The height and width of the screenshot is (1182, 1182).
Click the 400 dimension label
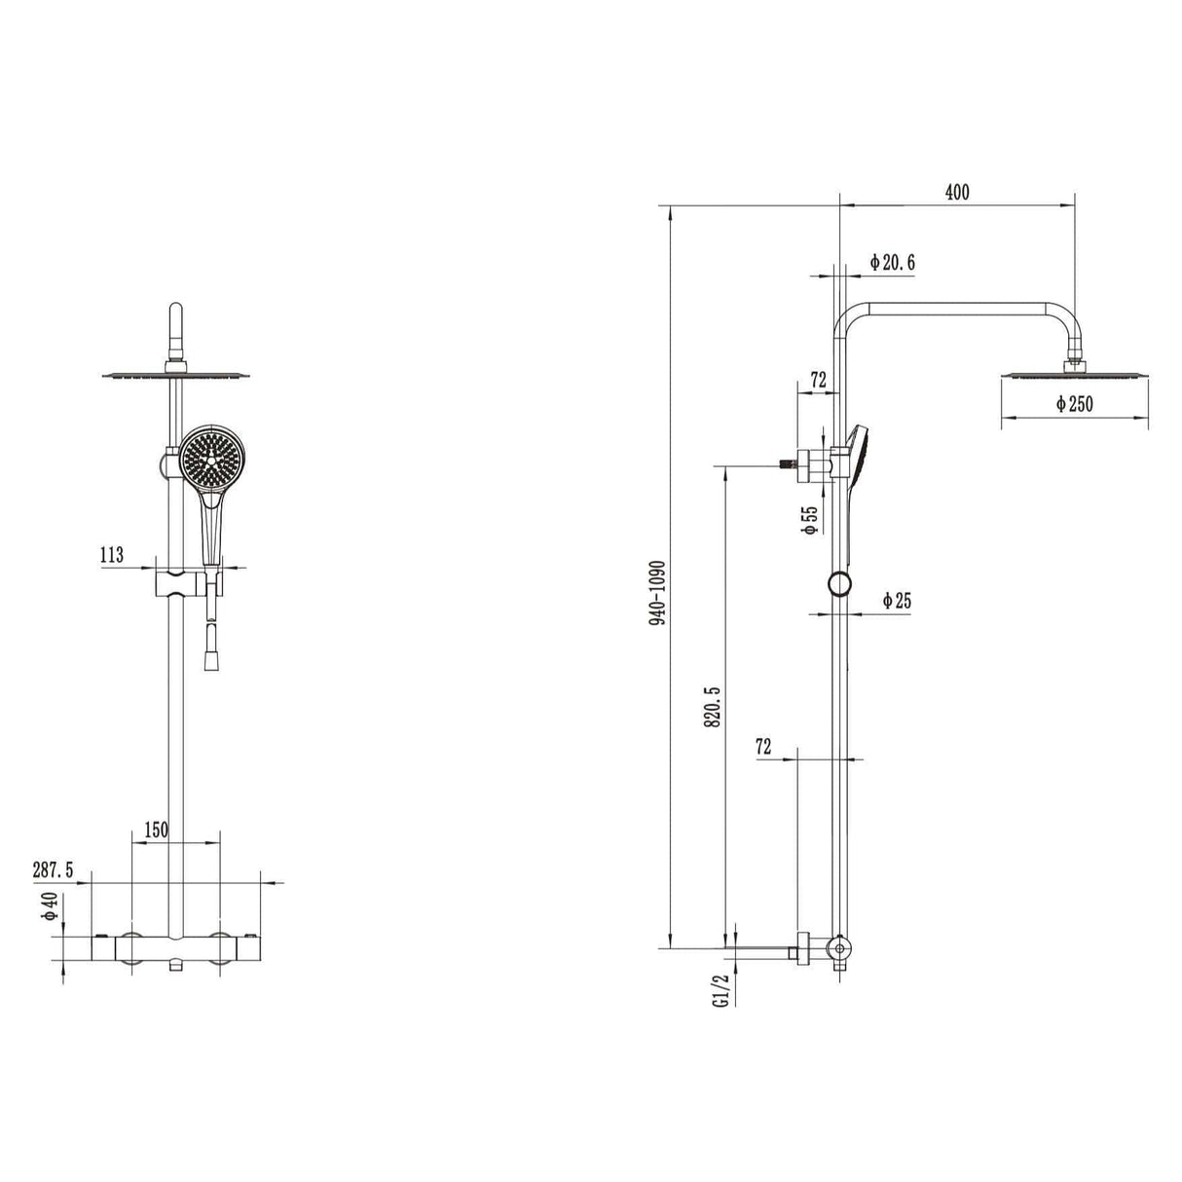(x=956, y=193)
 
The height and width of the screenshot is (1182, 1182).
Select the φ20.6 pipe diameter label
(x=892, y=262)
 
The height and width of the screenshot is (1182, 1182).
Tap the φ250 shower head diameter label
(x=1074, y=404)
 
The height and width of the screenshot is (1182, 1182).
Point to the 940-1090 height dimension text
(x=658, y=592)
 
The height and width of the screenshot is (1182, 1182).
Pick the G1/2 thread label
(x=720, y=990)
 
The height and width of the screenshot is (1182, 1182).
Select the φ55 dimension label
(x=809, y=520)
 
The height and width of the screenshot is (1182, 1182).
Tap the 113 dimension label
(x=112, y=555)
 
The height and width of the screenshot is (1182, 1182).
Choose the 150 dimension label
(x=156, y=830)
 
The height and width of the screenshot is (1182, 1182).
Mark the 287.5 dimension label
(x=53, y=869)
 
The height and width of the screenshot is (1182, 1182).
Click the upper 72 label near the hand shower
(x=818, y=380)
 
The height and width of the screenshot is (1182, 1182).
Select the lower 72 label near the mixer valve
(x=763, y=747)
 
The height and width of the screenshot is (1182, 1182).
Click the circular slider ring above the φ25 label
(x=839, y=584)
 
